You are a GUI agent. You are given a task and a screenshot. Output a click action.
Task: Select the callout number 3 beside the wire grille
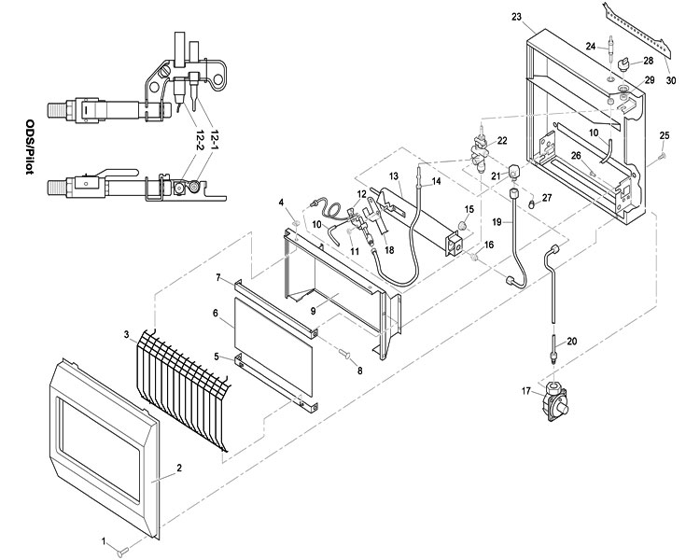(x=127, y=334)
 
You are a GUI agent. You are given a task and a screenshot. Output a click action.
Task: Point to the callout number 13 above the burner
(x=394, y=175)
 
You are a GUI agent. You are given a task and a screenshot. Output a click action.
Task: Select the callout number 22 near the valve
(x=501, y=140)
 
